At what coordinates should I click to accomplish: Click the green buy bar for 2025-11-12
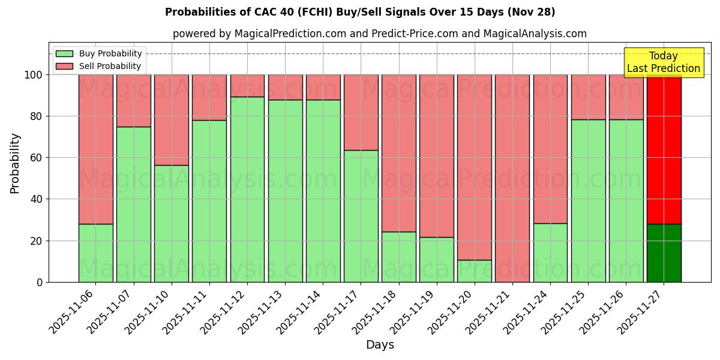[247, 189]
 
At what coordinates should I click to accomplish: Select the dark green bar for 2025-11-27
[664, 253]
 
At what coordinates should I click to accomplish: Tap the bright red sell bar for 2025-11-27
[664, 150]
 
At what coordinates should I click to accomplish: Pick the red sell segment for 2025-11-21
[512, 178]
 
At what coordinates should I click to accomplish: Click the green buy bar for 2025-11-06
[96, 253]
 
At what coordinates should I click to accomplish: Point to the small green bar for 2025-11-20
[474, 271]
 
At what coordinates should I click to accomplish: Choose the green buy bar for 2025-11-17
[361, 216]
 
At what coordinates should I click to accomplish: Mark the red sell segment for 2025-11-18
[399, 153]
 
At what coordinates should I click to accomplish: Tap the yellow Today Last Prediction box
[664, 62]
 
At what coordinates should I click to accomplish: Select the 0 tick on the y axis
[40, 282]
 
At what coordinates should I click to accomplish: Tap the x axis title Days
[380, 345]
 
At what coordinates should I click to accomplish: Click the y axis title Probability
[15, 163]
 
